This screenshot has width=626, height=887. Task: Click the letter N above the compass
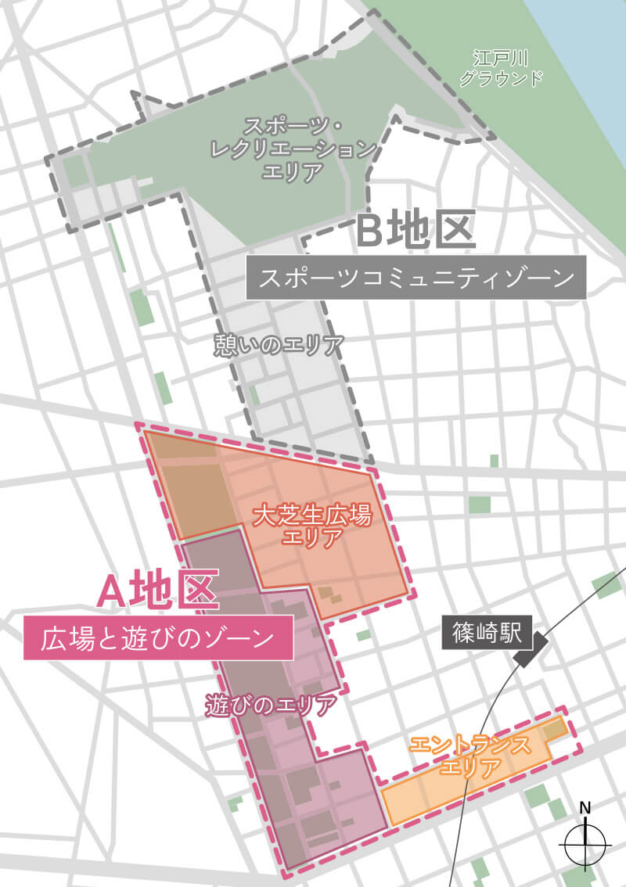pyautogui.click(x=585, y=808)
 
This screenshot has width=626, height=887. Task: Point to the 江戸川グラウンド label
pyautogui.click(x=501, y=68)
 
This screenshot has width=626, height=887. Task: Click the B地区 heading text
pyautogui.click(x=416, y=232)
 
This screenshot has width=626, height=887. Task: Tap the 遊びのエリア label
pyautogui.click(x=271, y=705)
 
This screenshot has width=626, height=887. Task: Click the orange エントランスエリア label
pyautogui.click(x=469, y=756)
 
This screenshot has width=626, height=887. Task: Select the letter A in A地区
pyautogui.click(x=111, y=591)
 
